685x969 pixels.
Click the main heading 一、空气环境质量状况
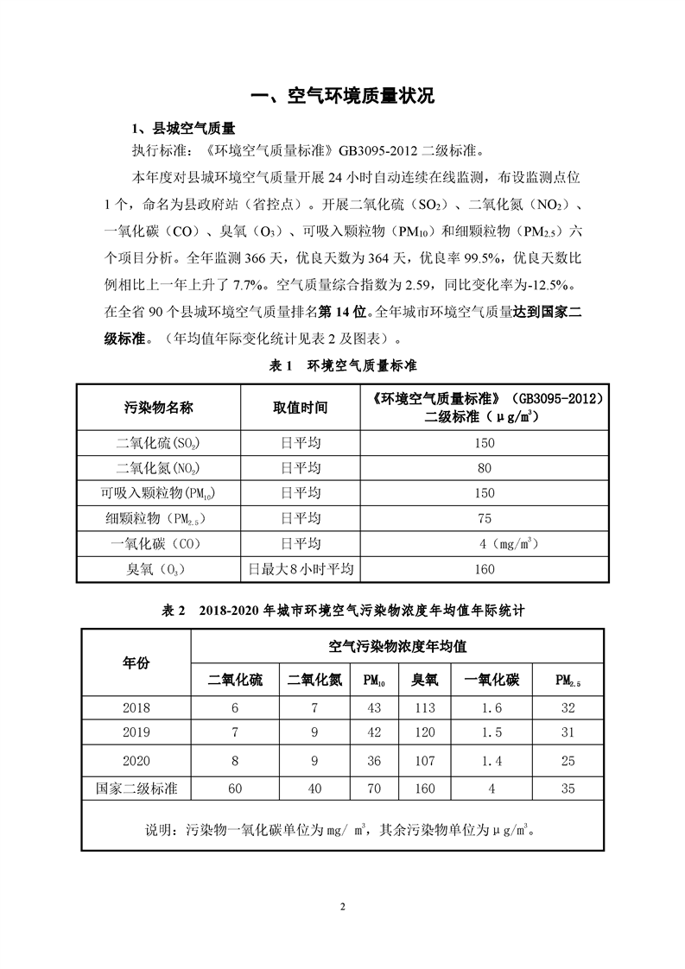click(342, 96)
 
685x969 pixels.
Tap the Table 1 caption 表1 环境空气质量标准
click(342, 365)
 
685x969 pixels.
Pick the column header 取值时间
click(300, 407)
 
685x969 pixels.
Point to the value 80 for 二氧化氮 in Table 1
click(484, 468)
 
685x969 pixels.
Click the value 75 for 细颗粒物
click(484, 518)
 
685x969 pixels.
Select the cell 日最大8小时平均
click(300, 569)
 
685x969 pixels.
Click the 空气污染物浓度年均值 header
click(398, 646)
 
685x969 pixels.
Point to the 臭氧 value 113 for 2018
click(424, 707)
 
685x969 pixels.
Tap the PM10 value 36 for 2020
click(374, 761)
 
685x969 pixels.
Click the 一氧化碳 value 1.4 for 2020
click(491, 761)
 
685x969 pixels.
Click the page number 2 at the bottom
click(342, 906)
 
